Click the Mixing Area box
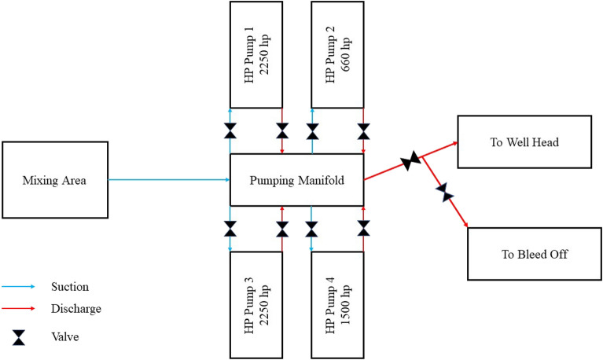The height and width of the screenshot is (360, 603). (54, 181)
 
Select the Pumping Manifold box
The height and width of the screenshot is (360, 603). (296, 180)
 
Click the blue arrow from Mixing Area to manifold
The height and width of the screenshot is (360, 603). (168, 180)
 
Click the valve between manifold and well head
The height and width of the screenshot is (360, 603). (410, 163)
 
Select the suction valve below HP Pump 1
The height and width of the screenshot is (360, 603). (230, 130)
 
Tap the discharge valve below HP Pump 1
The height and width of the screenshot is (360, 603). (282, 130)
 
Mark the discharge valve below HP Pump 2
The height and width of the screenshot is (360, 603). (363, 130)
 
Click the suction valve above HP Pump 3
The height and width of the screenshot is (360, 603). (230, 229)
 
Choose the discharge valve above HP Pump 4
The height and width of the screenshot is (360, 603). (363, 229)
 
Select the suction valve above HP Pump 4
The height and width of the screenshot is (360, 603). (311, 229)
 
